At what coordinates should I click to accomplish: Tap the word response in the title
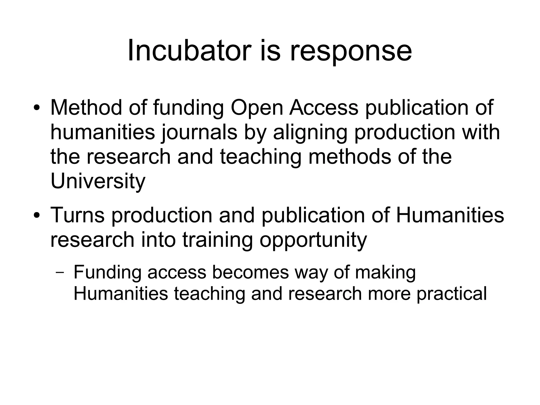[x=351, y=53]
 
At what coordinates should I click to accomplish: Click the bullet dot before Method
[x=37, y=108]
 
